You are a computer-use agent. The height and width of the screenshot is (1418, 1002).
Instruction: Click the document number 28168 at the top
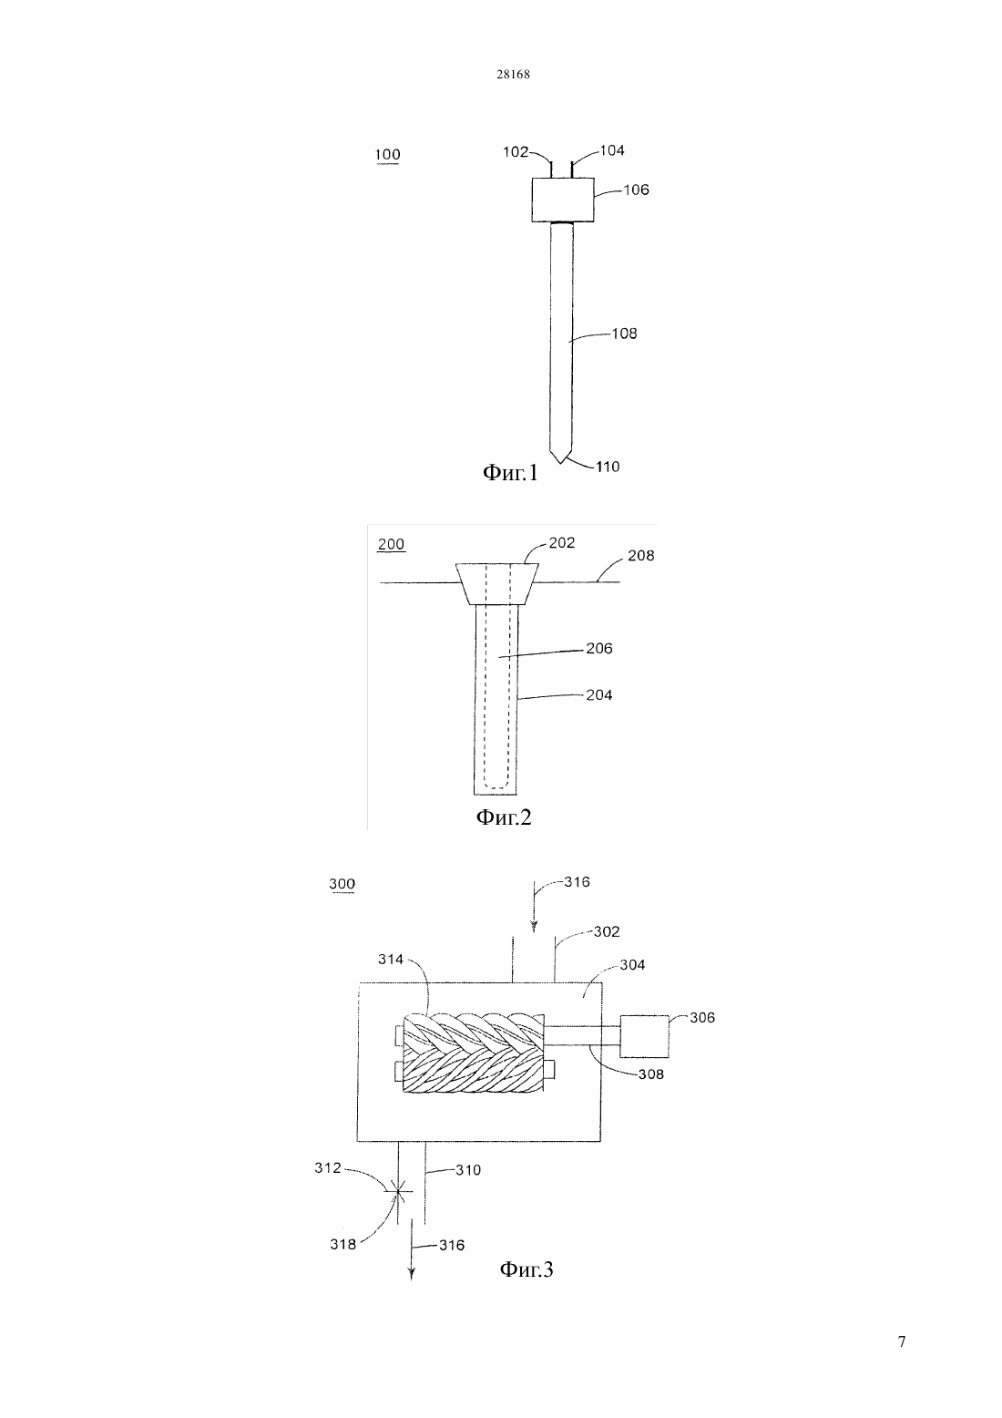513,74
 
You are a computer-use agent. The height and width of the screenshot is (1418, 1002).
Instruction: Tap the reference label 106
637,190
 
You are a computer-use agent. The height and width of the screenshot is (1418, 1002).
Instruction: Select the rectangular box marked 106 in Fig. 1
562,200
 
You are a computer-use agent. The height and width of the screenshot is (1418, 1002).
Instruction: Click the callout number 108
624,334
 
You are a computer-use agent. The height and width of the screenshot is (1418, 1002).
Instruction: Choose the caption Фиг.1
510,472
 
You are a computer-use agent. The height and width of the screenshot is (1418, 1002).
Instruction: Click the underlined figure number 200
391,544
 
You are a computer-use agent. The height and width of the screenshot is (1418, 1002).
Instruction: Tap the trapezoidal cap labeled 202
497,583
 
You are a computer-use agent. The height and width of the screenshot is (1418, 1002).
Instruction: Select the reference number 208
640,555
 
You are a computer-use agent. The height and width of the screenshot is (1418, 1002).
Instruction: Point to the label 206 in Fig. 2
599,648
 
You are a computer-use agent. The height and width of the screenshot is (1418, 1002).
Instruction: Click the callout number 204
599,695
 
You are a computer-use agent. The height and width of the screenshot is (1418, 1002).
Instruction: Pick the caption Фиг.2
504,817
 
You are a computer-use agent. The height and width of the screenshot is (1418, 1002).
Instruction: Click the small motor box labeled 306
644,1036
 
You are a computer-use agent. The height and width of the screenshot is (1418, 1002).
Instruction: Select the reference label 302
607,931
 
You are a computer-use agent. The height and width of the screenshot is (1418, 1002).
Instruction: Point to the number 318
343,1245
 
